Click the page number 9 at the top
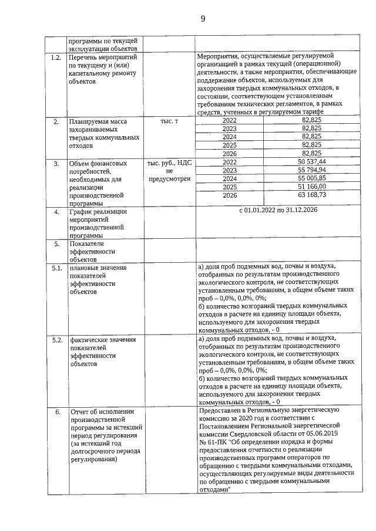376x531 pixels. point(202,18)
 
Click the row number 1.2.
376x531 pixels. point(56,58)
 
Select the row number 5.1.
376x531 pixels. point(56,268)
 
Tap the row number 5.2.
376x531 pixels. point(56,339)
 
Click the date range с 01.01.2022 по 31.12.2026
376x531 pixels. point(278,210)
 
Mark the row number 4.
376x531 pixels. point(56,211)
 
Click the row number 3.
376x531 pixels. point(56,163)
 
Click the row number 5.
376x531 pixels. point(56,243)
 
